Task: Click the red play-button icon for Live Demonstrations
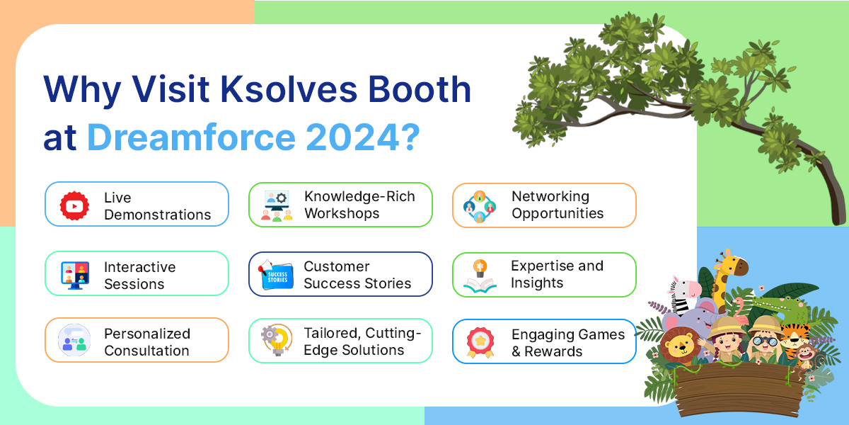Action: pyautogui.click(x=74, y=205)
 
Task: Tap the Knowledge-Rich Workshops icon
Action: pyautogui.click(x=277, y=205)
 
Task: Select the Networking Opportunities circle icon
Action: pyautogui.click(x=480, y=207)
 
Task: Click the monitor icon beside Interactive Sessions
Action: pyautogui.click(x=75, y=275)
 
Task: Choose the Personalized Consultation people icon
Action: pyautogui.click(x=74, y=340)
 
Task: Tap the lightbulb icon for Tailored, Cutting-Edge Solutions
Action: pyautogui.click(x=277, y=339)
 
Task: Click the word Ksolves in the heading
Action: pyautogui.click(x=289, y=89)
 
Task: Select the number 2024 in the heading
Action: pyautogui.click(x=353, y=137)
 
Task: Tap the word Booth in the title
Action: pyautogui.click(x=420, y=89)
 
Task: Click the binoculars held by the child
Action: pyautogui.click(x=765, y=341)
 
